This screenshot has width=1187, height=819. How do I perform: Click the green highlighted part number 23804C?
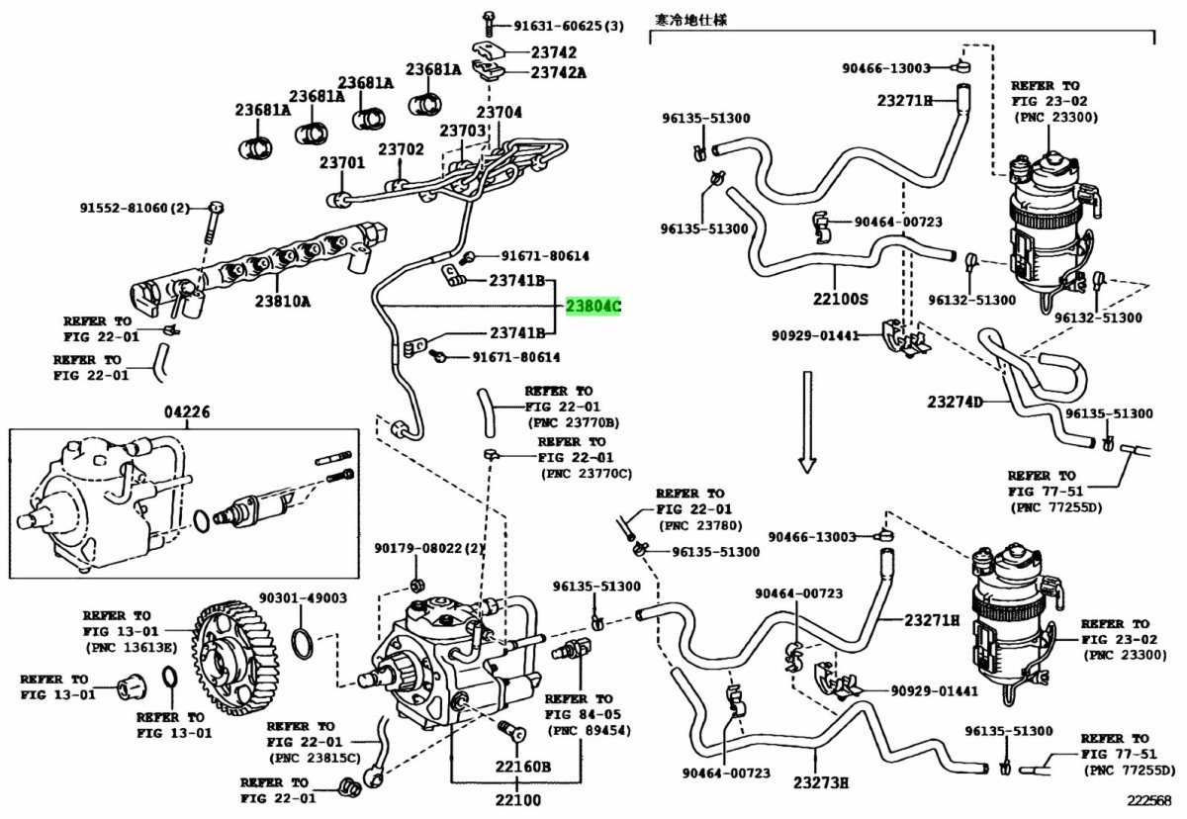[x=593, y=307]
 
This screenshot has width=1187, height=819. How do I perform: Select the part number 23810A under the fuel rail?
[x=279, y=300]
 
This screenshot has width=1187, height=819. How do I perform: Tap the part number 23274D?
[x=957, y=402]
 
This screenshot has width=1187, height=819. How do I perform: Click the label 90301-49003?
[x=303, y=597]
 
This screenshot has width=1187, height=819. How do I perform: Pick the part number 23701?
[x=342, y=162]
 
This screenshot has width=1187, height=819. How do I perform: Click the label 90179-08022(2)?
[x=429, y=549]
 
